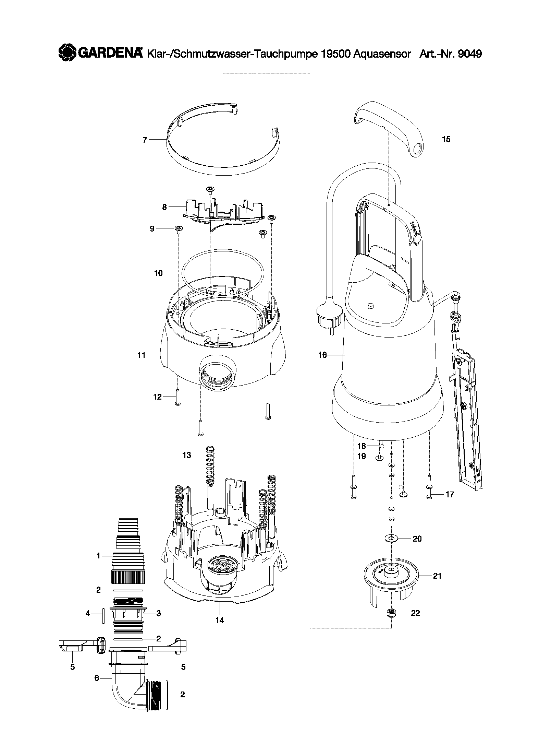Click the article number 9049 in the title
click(469, 54)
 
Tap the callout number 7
click(145, 140)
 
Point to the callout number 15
click(446, 139)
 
